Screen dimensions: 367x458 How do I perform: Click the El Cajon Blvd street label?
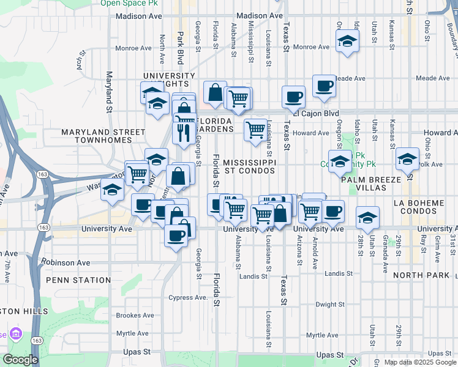[316, 113]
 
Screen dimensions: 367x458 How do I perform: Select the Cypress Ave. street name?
[188, 298]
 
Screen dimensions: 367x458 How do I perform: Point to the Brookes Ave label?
[135, 316]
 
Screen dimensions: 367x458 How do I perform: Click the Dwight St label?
[330, 304]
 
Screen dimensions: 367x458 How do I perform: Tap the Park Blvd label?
[180, 48]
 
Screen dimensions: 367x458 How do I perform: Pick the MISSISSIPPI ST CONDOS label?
[250, 166]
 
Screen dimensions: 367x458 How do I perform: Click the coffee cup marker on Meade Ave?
[324, 86]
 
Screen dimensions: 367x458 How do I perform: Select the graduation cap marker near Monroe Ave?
[347, 42]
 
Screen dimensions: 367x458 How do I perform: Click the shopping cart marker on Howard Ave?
[255, 130]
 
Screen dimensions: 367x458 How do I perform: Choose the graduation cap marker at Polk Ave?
[407, 159]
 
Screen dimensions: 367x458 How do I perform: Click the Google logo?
[21, 360]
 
